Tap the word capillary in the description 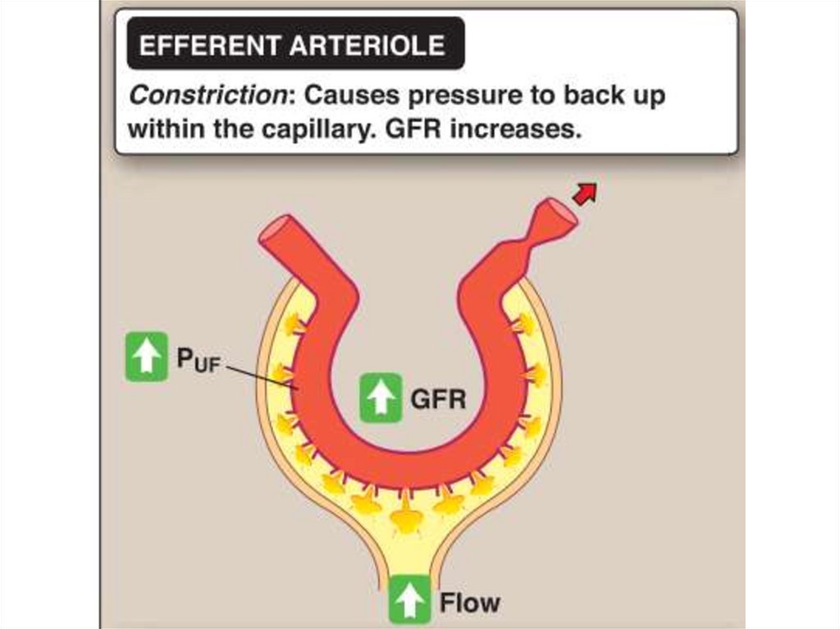tap(313, 130)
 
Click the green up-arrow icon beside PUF tap(146, 357)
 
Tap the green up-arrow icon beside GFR tap(381, 398)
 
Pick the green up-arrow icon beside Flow tap(409, 600)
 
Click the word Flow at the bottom tap(469, 604)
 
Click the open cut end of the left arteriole tap(276, 231)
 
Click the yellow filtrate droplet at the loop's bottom tap(406, 517)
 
